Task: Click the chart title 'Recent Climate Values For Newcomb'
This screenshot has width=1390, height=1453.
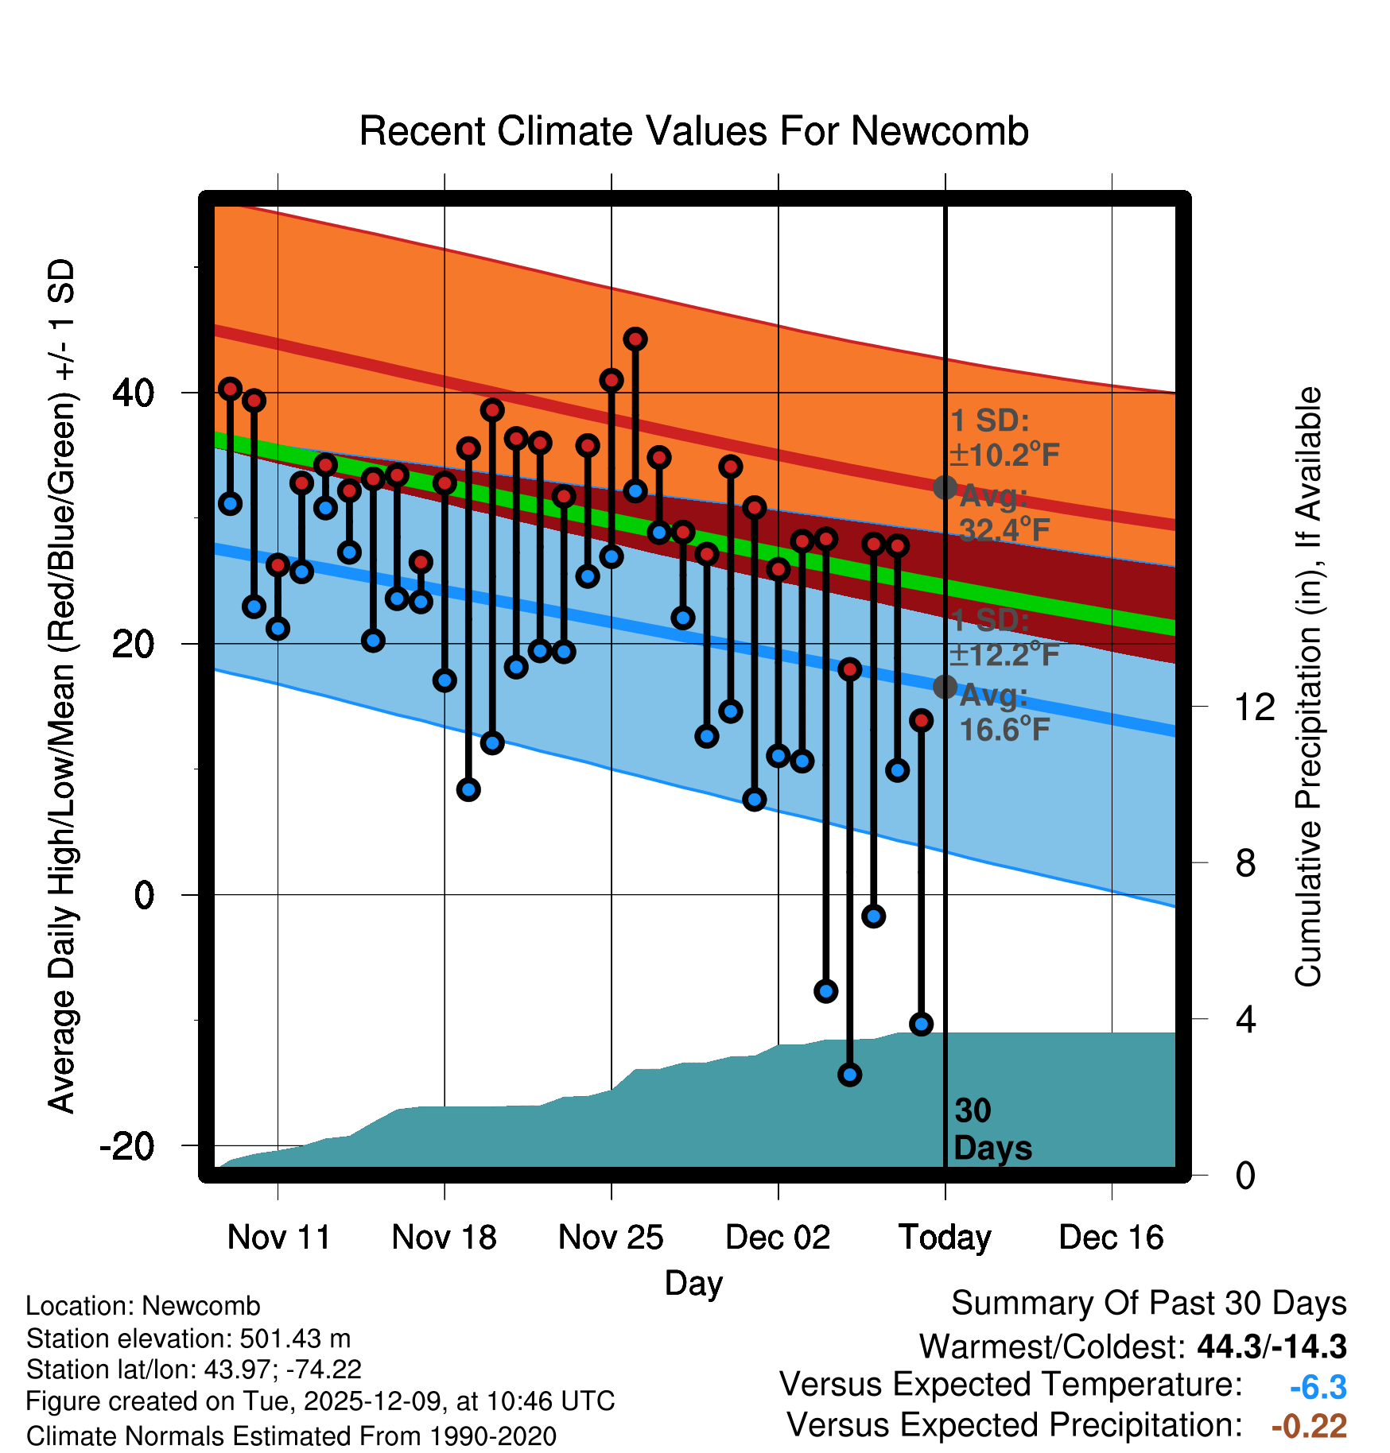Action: pyautogui.click(x=693, y=131)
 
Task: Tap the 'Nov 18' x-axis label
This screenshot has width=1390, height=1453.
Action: pyautogui.click(x=444, y=1238)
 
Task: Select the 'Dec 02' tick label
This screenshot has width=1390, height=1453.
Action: pyautogui.click(x=778, y=1238)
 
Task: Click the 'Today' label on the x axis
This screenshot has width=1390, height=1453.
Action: pyautogui.click(x=945, y=1238)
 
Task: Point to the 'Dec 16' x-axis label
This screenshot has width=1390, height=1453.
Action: pyautogui.click(x=1111, y=1238)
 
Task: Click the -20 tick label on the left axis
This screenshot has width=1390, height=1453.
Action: pyautogui.click(x=127, y=1146)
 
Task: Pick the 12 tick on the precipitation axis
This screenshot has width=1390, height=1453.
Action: pyautogui.click(x=1255, y=707)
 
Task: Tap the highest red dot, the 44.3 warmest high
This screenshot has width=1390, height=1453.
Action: pyautogui.click(x=635, y=339)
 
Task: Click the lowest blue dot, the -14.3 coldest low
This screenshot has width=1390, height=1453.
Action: pyautogui.click(x=849, y=1075)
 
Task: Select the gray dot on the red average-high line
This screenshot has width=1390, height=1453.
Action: pyautogui.click(x=945, y=487)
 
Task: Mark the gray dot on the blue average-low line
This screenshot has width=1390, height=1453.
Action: pyautogui.click(x=945, y=687)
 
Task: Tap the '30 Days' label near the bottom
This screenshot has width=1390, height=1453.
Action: pyautogui.click(x=991, y=1129)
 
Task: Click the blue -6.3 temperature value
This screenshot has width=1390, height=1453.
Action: pyautogui.click(x=1318, y=1387)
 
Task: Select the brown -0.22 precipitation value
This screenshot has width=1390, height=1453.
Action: pyautogui.click(x=1309, y=1426)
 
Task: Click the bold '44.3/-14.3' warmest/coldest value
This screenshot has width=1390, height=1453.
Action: pyautogui.click(x=1272, y=1346)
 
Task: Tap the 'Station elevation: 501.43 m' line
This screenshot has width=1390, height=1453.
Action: pyautogui.click(x=188, y=1339)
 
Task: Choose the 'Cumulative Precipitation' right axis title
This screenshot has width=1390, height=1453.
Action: pyautogui.click(x=1308, y=688)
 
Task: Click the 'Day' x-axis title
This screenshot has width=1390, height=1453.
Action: pyautogui.click(x=693, y=1283)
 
